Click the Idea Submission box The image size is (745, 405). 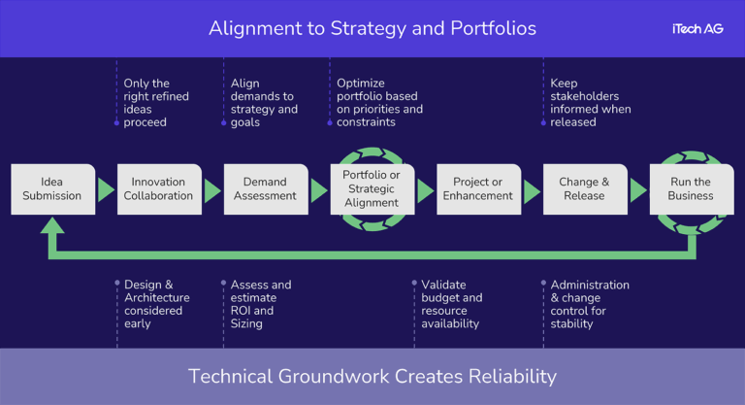pyautogui.click(x=52, y=188)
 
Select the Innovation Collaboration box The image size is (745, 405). pyautogui.click(x=158, y=188)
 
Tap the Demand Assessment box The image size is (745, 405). pyautogui.click(x=265, y=188)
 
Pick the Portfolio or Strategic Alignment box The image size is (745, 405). pyautogui.click(x=372, y=188)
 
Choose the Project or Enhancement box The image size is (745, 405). pyautogui.click(x=478, y=188)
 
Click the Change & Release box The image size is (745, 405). pyautogui.click(x=585, y=188)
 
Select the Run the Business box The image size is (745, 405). pyautogui.click(x=691, y=188)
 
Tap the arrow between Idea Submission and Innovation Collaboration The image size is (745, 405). pyautogui.click(x=106, y=190)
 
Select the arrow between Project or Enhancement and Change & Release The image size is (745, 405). pyautogui.click(x=532, y=190)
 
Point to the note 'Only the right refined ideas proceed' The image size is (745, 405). pyautogui.click(x=156, y=103)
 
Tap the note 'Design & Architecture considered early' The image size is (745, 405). pyautogui.click(x=156, y=304)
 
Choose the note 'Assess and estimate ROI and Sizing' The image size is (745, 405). pyautogui.click(x=261, y=304)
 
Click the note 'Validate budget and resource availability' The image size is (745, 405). pyautogui.click(x=451, y=304)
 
